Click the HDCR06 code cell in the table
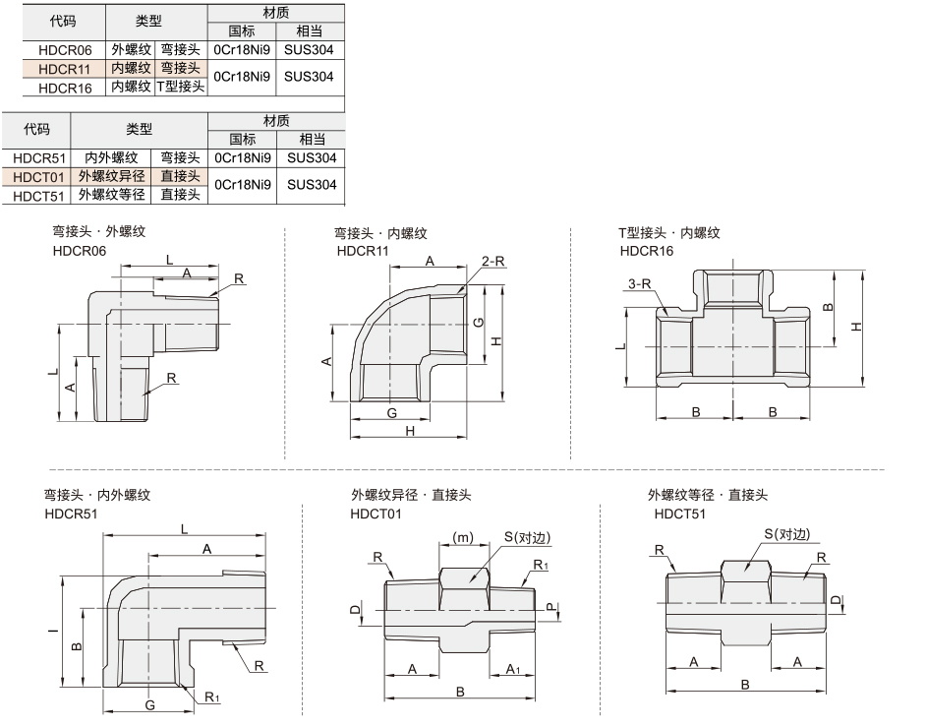pos(65,50)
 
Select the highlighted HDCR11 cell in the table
pos(64,69)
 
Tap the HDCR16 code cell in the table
pos(65,89)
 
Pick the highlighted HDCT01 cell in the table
pos(36,177)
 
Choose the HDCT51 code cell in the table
pos(37,196)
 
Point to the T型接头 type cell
pos(181,87)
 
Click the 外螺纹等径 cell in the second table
pos(112,195)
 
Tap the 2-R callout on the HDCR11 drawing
pos(493,262)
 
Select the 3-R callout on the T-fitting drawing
pos(640,283)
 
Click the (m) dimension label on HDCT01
pos(463,537)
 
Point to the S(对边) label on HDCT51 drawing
pos(786,534)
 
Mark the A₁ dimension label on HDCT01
pos(513,669)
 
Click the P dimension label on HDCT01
pos(550,607)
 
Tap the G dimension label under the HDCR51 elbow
pos(150,704)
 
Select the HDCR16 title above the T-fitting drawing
pos(647,251)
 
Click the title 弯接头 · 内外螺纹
pos(97,495)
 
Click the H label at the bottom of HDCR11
pos(410,431)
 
